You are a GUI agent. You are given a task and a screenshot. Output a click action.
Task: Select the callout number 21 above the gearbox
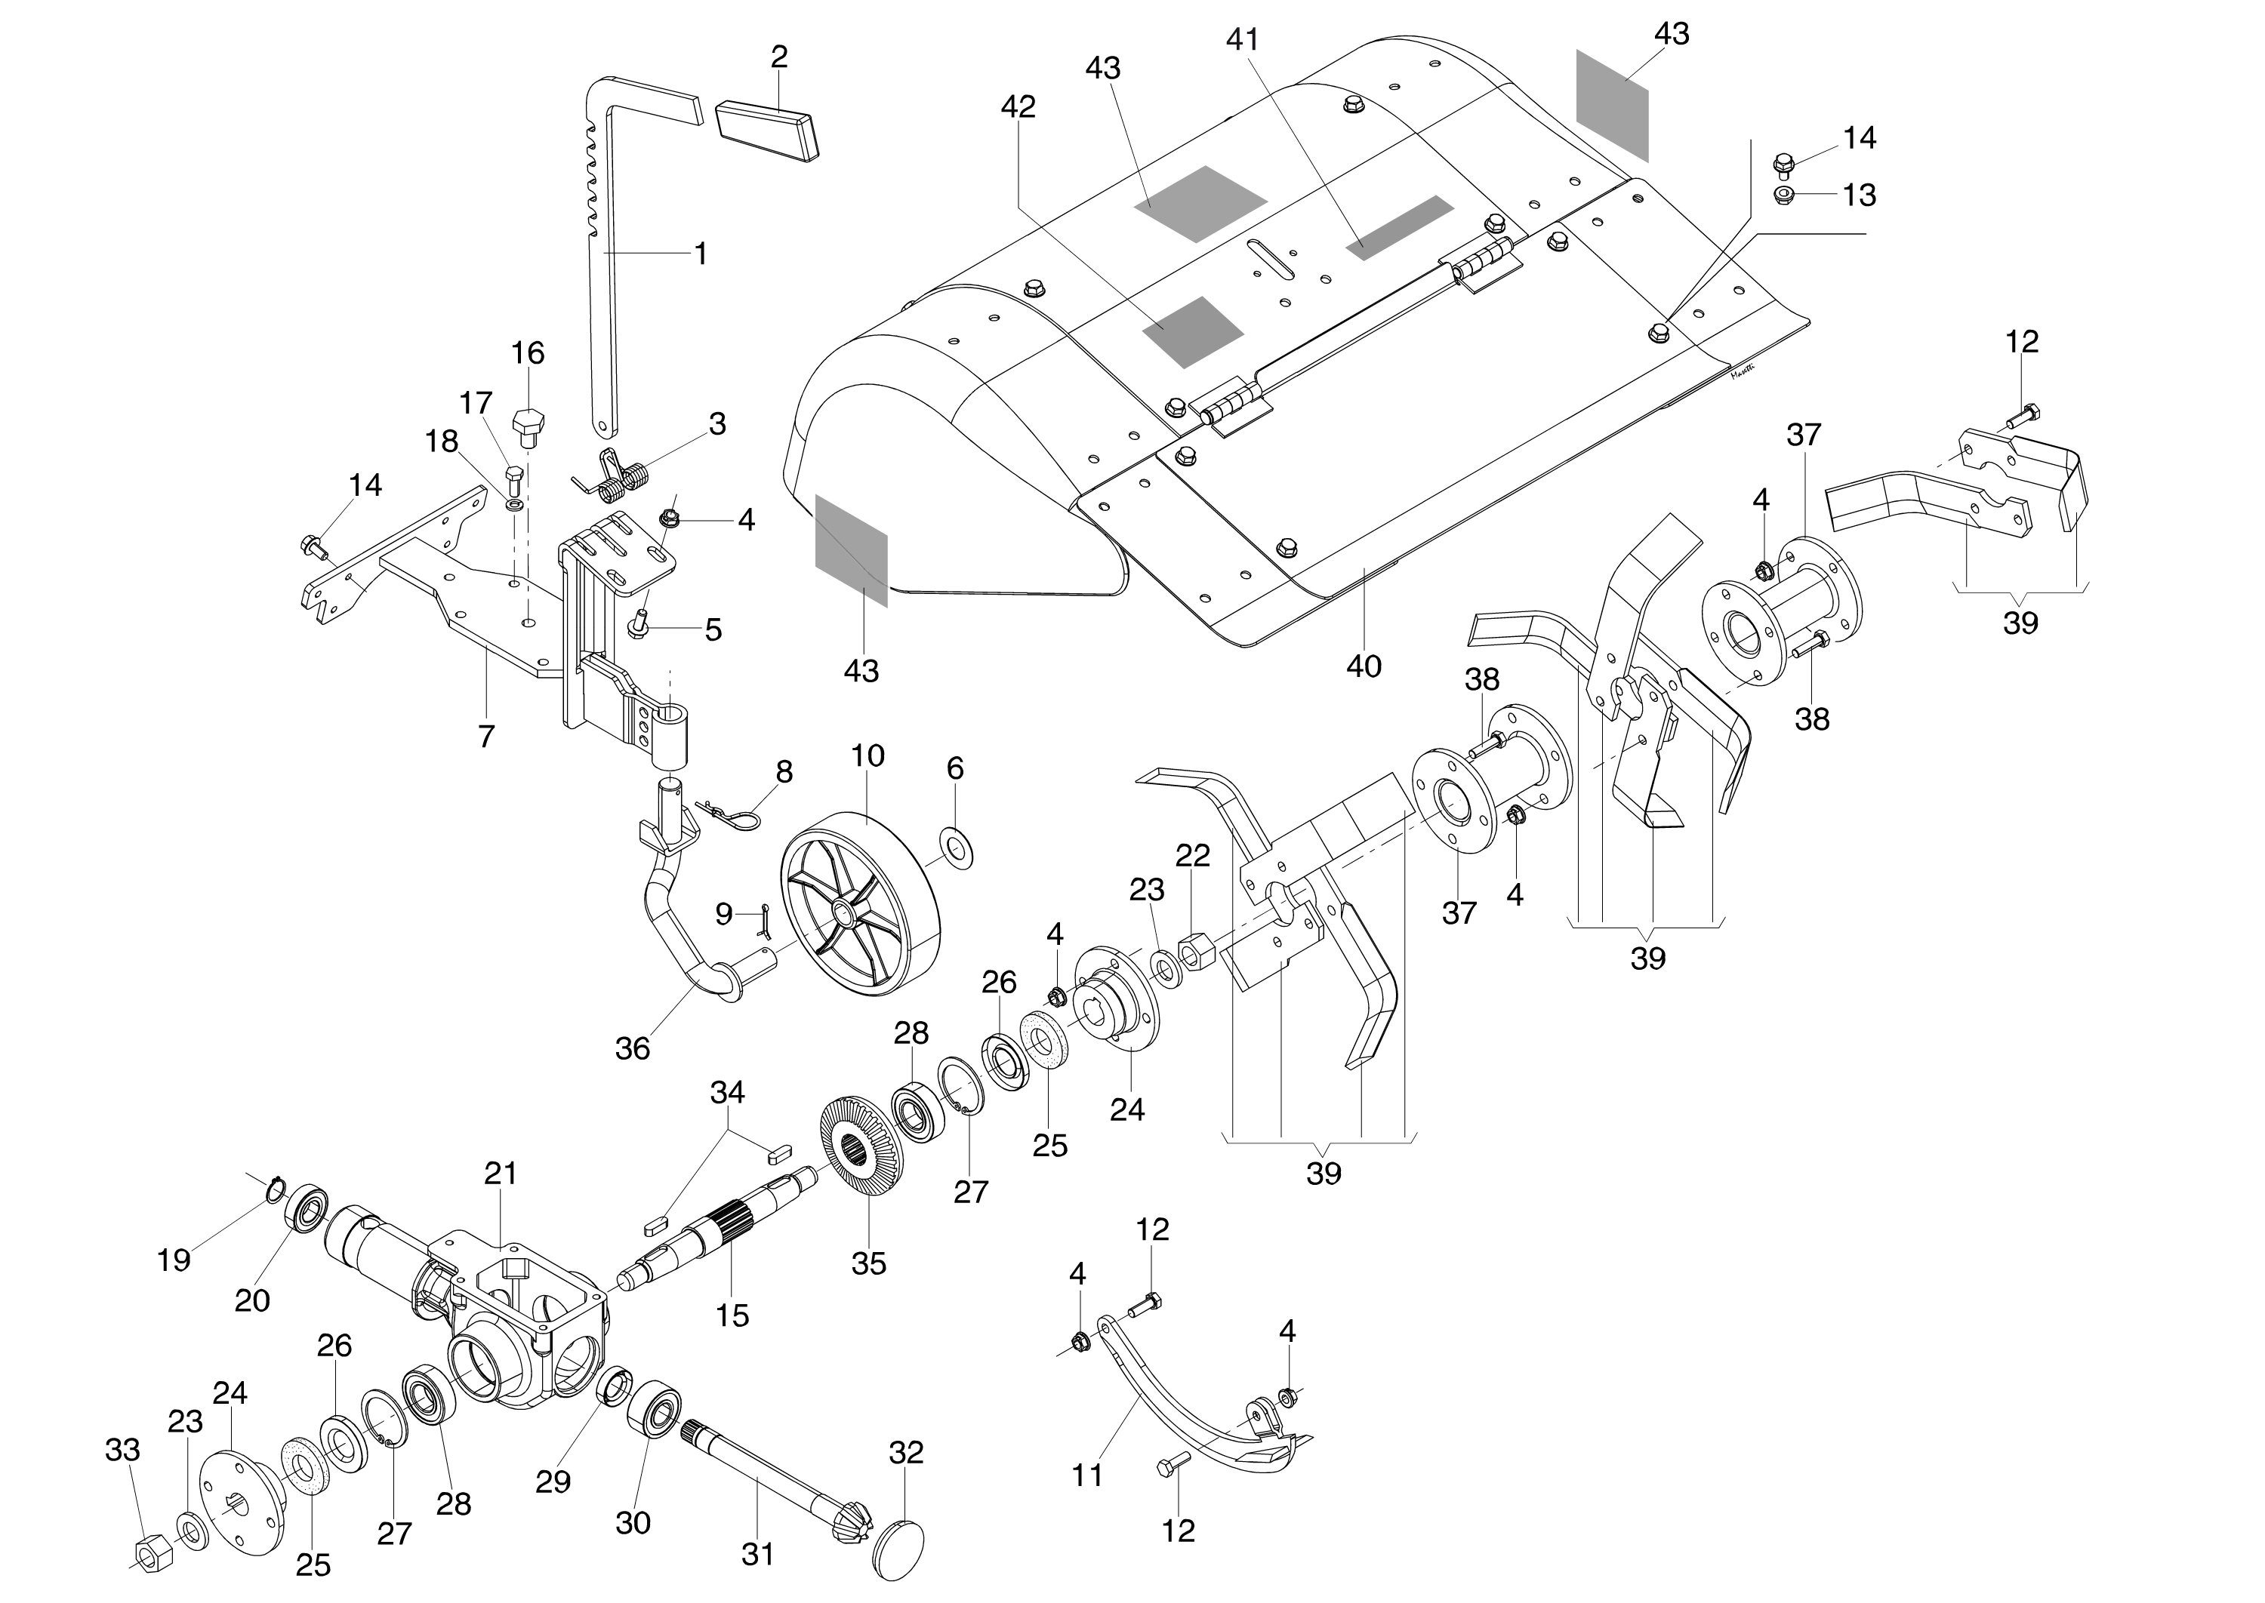[501, 1174]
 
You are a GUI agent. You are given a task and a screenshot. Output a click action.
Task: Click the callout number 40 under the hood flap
[1364, 666]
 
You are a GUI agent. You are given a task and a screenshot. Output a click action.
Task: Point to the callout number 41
[1243, 39]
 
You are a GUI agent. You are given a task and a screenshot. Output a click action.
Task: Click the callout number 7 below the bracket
[485, 737]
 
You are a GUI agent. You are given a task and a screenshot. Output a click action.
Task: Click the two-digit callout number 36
[632, 1048]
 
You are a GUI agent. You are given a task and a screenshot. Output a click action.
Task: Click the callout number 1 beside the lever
[700, 254]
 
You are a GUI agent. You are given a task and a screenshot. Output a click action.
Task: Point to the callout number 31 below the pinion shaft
[757, 1555]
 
